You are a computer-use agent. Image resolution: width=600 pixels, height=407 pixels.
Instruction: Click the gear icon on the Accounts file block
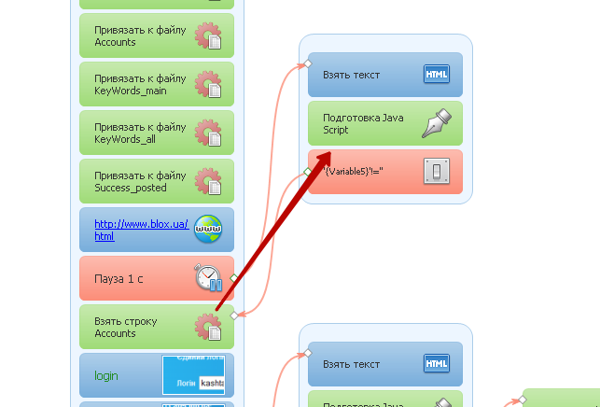tap(207, 36)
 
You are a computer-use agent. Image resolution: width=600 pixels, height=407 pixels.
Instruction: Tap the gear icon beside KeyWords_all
tap(207, 133)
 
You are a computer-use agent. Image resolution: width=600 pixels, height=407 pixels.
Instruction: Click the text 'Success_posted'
tap(131, 188)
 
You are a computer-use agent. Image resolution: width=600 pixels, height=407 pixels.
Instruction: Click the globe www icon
tap(208, 230)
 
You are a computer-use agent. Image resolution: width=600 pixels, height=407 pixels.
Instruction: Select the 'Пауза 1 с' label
tap(120, 278)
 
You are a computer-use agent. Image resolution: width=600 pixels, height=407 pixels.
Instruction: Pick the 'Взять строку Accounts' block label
tap(126, 327)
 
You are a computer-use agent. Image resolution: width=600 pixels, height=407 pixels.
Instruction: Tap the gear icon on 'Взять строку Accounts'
tap(207, 327)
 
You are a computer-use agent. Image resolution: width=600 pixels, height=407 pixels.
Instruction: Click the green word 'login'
tap(106, 375)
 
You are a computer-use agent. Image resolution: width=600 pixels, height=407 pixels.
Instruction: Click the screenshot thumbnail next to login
tap(193, 374)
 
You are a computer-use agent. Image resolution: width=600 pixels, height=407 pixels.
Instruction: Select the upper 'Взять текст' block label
tap(352, 75)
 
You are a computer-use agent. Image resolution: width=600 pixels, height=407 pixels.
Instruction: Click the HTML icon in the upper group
tap(437, 75)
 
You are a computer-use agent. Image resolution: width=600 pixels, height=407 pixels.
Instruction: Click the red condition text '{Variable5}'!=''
tap(354, 171)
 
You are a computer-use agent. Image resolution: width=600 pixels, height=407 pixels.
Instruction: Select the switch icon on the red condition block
tap(437, 172)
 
